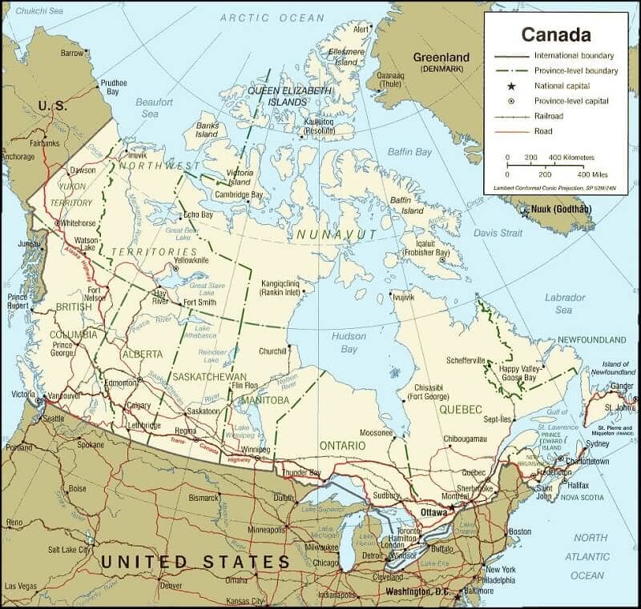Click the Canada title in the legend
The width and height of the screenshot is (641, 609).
pyautogui.click(x=556, y=34)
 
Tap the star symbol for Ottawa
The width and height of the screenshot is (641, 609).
pyautogui.click(x=452, y=507)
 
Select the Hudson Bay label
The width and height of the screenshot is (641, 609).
pyautogui.click(x=349, y=343)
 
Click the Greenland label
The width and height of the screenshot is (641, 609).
pyautogui.click(x=440, y=58)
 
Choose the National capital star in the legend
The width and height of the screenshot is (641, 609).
pyautogui.click(x=507, y=86)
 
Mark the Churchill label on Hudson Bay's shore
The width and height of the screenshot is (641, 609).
pyautogui.click(x=272, y=351)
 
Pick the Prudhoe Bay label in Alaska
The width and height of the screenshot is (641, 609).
pyautogui.click(x=115, y=86)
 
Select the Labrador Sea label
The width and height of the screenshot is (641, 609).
pyautogui.click(x=565, y=302)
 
